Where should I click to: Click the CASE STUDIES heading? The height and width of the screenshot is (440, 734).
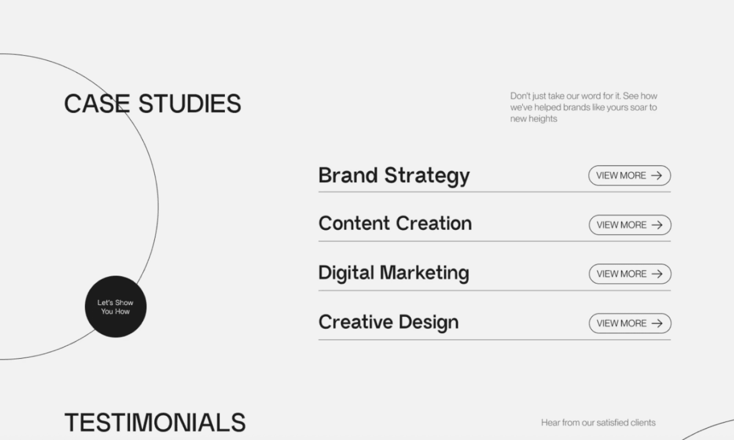click(x=153, y=103)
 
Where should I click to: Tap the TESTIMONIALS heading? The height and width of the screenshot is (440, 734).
click(x=155, y=422)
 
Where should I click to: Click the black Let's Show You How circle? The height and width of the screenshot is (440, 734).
click(x=116, y=307)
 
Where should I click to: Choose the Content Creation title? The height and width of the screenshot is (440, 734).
click(x=395, y=223)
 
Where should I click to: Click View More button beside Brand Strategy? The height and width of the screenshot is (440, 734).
click(x=629, y=176)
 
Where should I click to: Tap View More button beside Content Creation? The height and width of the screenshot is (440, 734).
click(x=630, y=225)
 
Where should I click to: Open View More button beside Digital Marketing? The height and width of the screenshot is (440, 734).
click(x=630, y=274)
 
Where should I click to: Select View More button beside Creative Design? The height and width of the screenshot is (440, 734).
click(x=630, y=323)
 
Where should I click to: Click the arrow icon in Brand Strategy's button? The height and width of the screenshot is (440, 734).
click(x=657, y=176)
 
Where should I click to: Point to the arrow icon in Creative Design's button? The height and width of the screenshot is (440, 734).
click(x=657, y=323)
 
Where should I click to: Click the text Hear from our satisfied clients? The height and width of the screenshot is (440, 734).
click(x=598, y=422)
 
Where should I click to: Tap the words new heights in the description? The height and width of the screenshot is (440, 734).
click(x=534, y=119)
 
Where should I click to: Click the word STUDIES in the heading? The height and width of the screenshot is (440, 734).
click(x=190, y=103)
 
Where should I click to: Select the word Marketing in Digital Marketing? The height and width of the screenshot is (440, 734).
click(x=424, y=273)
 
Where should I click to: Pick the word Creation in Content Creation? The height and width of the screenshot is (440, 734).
click(x=434, y=223)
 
